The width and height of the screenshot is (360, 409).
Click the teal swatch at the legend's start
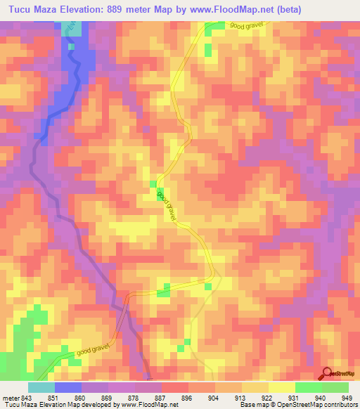[x=41, y=388]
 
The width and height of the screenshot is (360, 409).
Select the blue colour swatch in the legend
[x=68, y=388]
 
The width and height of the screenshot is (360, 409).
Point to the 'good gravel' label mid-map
[x=167, y=205]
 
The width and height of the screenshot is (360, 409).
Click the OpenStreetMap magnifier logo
[x=328, y=374]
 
